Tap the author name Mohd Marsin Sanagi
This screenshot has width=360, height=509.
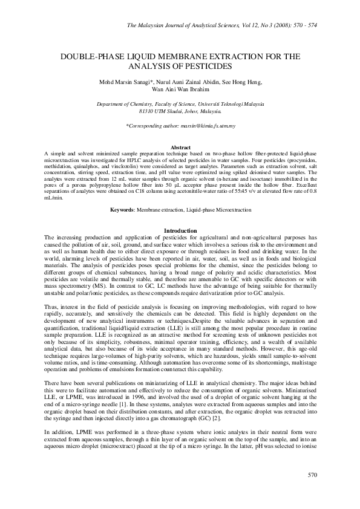coord(125,82)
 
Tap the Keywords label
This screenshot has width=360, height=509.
coord(123,209)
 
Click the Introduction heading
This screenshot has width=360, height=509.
coord(181,231)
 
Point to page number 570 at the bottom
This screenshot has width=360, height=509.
coord(312,492)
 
